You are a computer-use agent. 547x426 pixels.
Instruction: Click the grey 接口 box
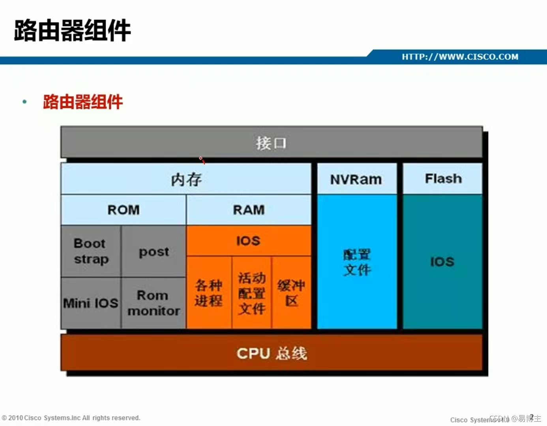[x=271, y=142]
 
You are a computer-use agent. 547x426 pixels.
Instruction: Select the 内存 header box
[x=186, y=179]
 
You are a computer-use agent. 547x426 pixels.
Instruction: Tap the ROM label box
[x=124, y=210]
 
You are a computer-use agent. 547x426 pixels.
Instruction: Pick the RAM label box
[x=249, y=210]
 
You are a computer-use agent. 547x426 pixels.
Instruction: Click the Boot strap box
[x=91, y=251]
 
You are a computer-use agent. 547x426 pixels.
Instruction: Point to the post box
[x=154, y=251]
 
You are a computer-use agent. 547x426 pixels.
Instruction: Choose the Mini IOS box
[x=91, y=303]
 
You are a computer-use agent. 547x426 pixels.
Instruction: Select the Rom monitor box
[x=154, y=303]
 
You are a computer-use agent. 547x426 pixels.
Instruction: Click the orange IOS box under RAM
[x=249, y=241]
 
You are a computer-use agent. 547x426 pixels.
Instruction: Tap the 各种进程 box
[x=209, y=293]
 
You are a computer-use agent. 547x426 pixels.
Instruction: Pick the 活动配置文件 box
[x=252, y=293]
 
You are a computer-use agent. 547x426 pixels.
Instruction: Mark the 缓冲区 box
[x=291, y=293]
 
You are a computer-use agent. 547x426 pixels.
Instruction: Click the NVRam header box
[x=356, y=179]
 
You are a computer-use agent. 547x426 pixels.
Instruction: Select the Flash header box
[x=443, y=179]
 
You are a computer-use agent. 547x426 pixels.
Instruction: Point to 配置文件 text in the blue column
[x=357, y=262]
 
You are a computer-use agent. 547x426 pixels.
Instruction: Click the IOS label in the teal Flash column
[x=442, y=262]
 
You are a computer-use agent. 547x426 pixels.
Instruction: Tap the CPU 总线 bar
[x=272, y=353]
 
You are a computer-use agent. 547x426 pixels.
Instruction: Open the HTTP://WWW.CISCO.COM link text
[x=460, y=57]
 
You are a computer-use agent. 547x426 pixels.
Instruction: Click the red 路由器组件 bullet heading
[x=83, y=102]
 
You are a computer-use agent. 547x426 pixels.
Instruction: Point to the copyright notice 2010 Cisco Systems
[x=71, y=418]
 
